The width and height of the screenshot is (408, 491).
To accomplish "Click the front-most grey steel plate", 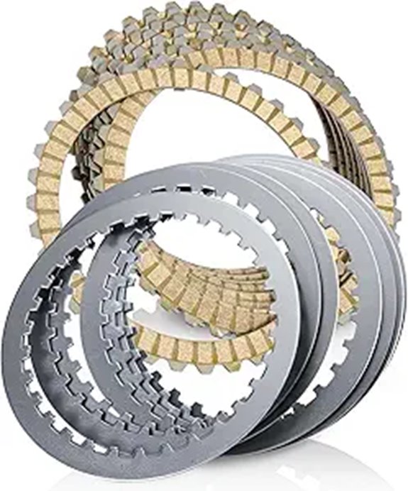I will (x=43, y=397).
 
